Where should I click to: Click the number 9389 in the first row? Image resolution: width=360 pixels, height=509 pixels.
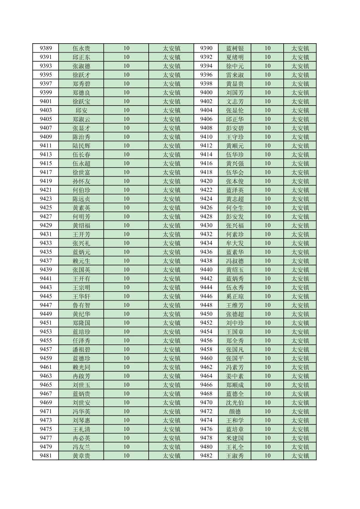(x=46, y=48)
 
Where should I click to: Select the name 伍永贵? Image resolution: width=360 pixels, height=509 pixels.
(x=81, y=48)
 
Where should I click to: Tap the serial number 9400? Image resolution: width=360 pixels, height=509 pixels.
(x=206, y=92)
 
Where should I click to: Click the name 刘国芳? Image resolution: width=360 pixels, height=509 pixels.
(x=235, y=92)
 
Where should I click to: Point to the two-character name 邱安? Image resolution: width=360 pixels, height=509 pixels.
(x=81, y=110)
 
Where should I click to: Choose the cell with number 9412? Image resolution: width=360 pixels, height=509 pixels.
(x=206, y=146)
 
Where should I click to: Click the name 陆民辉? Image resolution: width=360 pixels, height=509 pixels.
(x=81, y=146)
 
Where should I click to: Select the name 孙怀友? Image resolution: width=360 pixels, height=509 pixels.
(x=81, y=181)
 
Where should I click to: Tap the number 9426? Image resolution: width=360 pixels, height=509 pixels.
(x=206, y=208)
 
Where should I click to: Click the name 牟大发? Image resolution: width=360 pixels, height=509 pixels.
(x=235, y=243)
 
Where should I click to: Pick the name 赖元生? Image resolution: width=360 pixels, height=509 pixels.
(x=81, y=261)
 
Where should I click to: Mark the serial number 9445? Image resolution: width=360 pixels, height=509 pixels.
(x=46, y=296)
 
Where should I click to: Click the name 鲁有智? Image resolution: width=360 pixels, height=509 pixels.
(x=81, y=305)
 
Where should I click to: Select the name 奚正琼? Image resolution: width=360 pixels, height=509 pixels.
(x=235, y=296)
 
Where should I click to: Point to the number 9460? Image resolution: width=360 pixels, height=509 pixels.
(x=206, y=358)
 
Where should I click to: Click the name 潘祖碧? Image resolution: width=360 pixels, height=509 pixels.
(x=81, y=349)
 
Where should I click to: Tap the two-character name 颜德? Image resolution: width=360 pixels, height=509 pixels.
(x=235, y=411)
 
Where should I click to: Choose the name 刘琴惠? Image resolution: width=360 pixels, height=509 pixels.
(x=81, y=420)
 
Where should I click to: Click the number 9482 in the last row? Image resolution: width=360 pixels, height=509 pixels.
(x=206, y=456)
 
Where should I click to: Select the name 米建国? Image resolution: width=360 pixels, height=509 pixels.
(x=235, y=438)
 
